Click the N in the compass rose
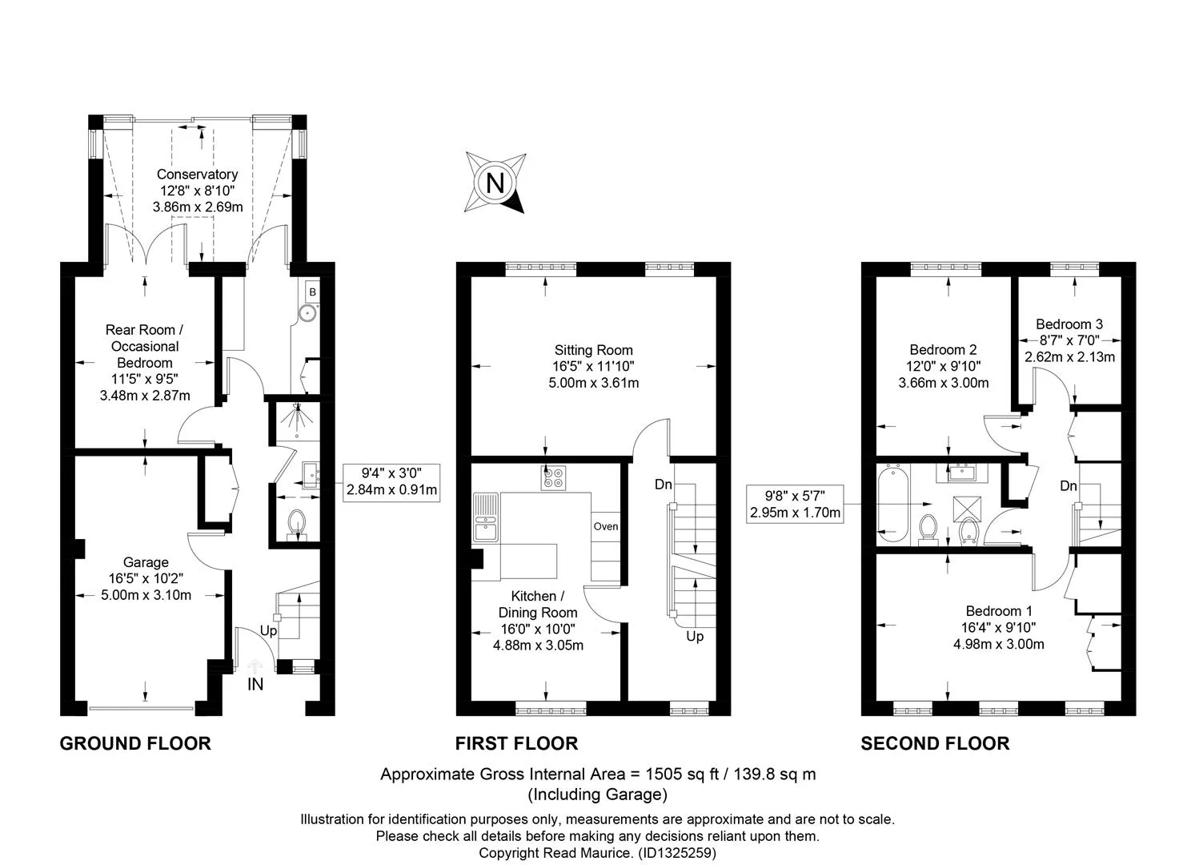coord(495,183)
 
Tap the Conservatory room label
coord(198,174)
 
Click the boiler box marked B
coord(313,292)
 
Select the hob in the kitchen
coord(553,478)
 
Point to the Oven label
coord(605,526)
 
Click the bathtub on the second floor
coord(892,504)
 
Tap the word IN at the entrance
coord(255,684)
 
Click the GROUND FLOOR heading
coord(135,743)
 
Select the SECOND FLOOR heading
coord(935,743)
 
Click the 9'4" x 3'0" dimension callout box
coord(391,483)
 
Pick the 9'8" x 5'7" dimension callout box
coord(795,504)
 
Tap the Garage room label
coord(146,561)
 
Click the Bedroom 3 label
coord(1069,324)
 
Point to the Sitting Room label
coord(593,350)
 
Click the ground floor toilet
coord(297,524)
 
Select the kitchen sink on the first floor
coord(486,517)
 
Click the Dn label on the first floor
coord(663,485)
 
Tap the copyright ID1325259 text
coord(677,853)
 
